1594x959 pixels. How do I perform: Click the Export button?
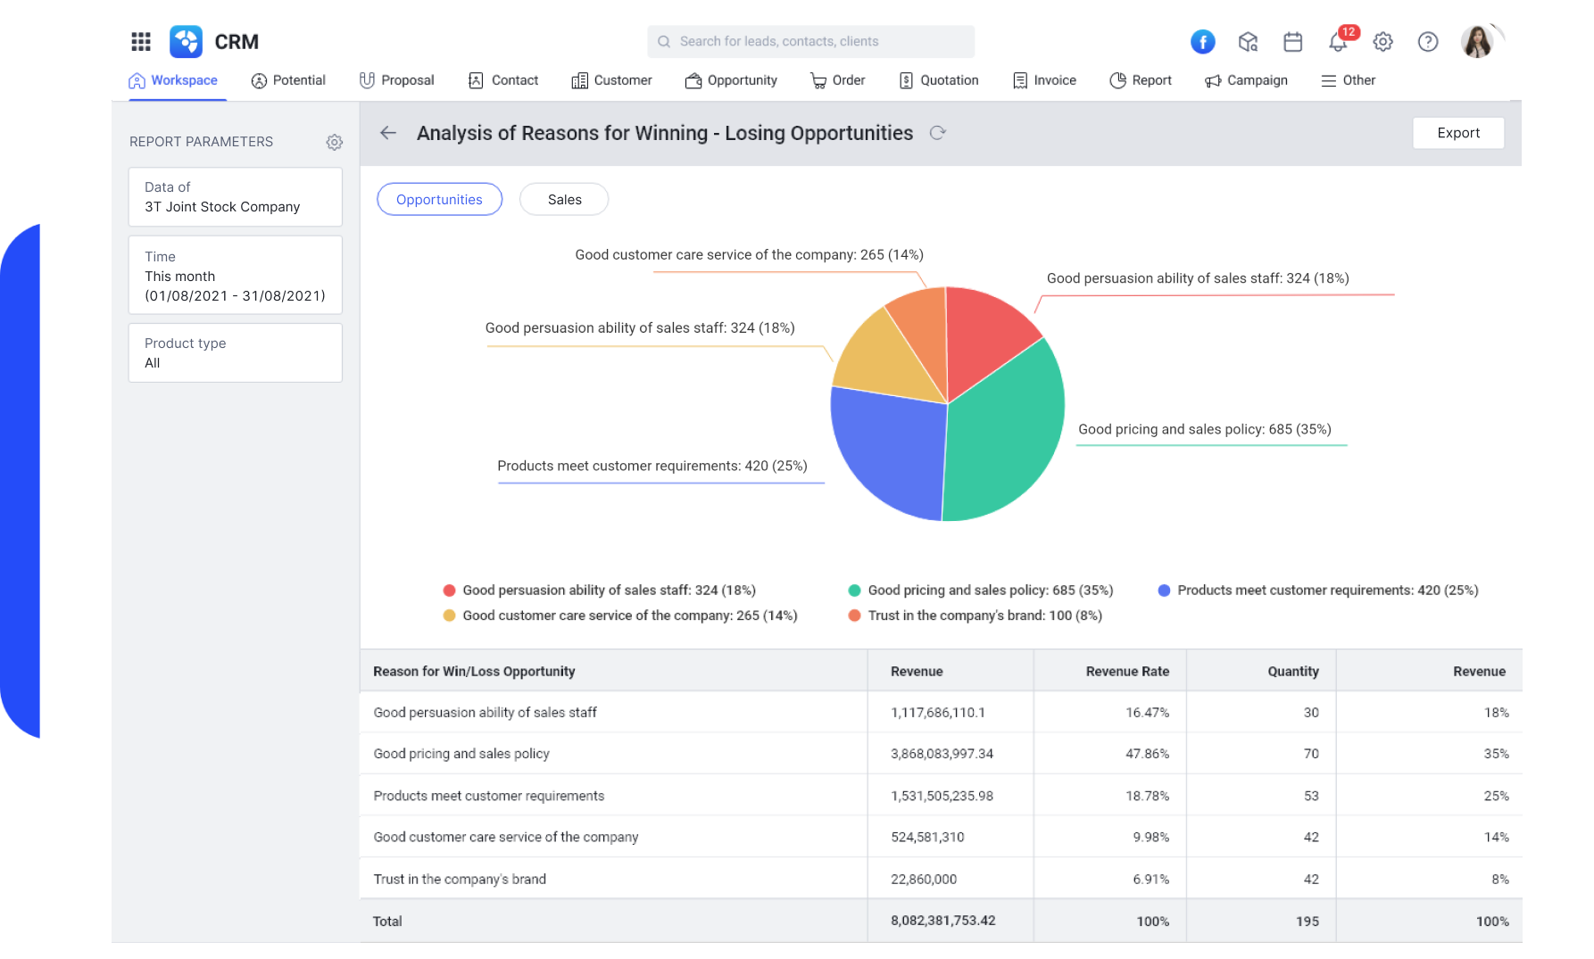(x=1457, y=133)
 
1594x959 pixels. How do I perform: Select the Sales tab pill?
(x=564, y=200)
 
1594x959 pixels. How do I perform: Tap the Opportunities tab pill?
(x=439, y=200)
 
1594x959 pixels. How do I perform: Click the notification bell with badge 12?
(x=1337, y=42)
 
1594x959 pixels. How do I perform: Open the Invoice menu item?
(x=1045, y=80)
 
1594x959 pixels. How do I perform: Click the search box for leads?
(x=810, y=42)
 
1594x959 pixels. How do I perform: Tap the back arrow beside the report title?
(x=388, y=133)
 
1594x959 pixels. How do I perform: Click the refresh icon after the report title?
(x=937, y=133)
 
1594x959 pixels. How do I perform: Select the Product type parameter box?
(x=235, y=353)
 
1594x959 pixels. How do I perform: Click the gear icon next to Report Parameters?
(x=335, y=142)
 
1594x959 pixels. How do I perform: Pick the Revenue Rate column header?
(x=1126, y=671)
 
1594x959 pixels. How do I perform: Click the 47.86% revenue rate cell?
(x=1147, y=754)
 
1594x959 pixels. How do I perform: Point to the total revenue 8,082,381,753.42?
(x=942, y=921)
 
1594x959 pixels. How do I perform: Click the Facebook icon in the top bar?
(x=1202, y=42)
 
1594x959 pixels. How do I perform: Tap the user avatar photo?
(x=1477, y=42)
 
